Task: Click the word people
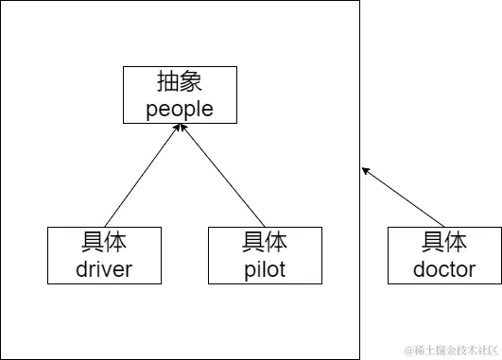tap(180, 109)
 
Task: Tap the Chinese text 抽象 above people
tap(180, 80)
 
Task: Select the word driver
tap(104, 269)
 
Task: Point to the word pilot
tap(265, 269)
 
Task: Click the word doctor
tap(444, 269)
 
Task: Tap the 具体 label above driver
tap(104, 241)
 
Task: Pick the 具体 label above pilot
tap(265, 241)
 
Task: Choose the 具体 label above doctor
tap(444, 241)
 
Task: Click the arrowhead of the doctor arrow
tap(366, 170)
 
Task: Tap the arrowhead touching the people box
tap(180, 128)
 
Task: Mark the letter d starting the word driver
tap(81, 269)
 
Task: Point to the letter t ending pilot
tap(282, 269)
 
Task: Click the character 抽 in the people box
tap(167, 80)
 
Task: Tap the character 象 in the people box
tap(192, 80)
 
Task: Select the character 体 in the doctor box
tap(457, 241)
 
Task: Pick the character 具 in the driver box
tap(92, 241)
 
